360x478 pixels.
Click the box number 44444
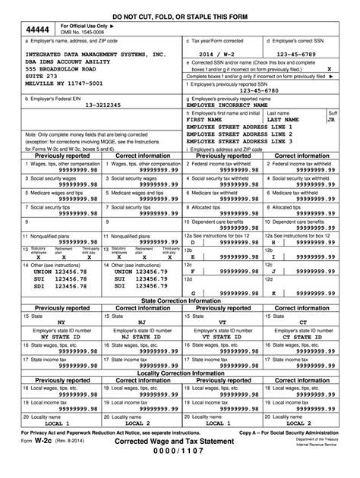[33, 29]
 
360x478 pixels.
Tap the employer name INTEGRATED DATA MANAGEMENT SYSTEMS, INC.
[95, 55]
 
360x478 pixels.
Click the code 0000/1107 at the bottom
[180, 471]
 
